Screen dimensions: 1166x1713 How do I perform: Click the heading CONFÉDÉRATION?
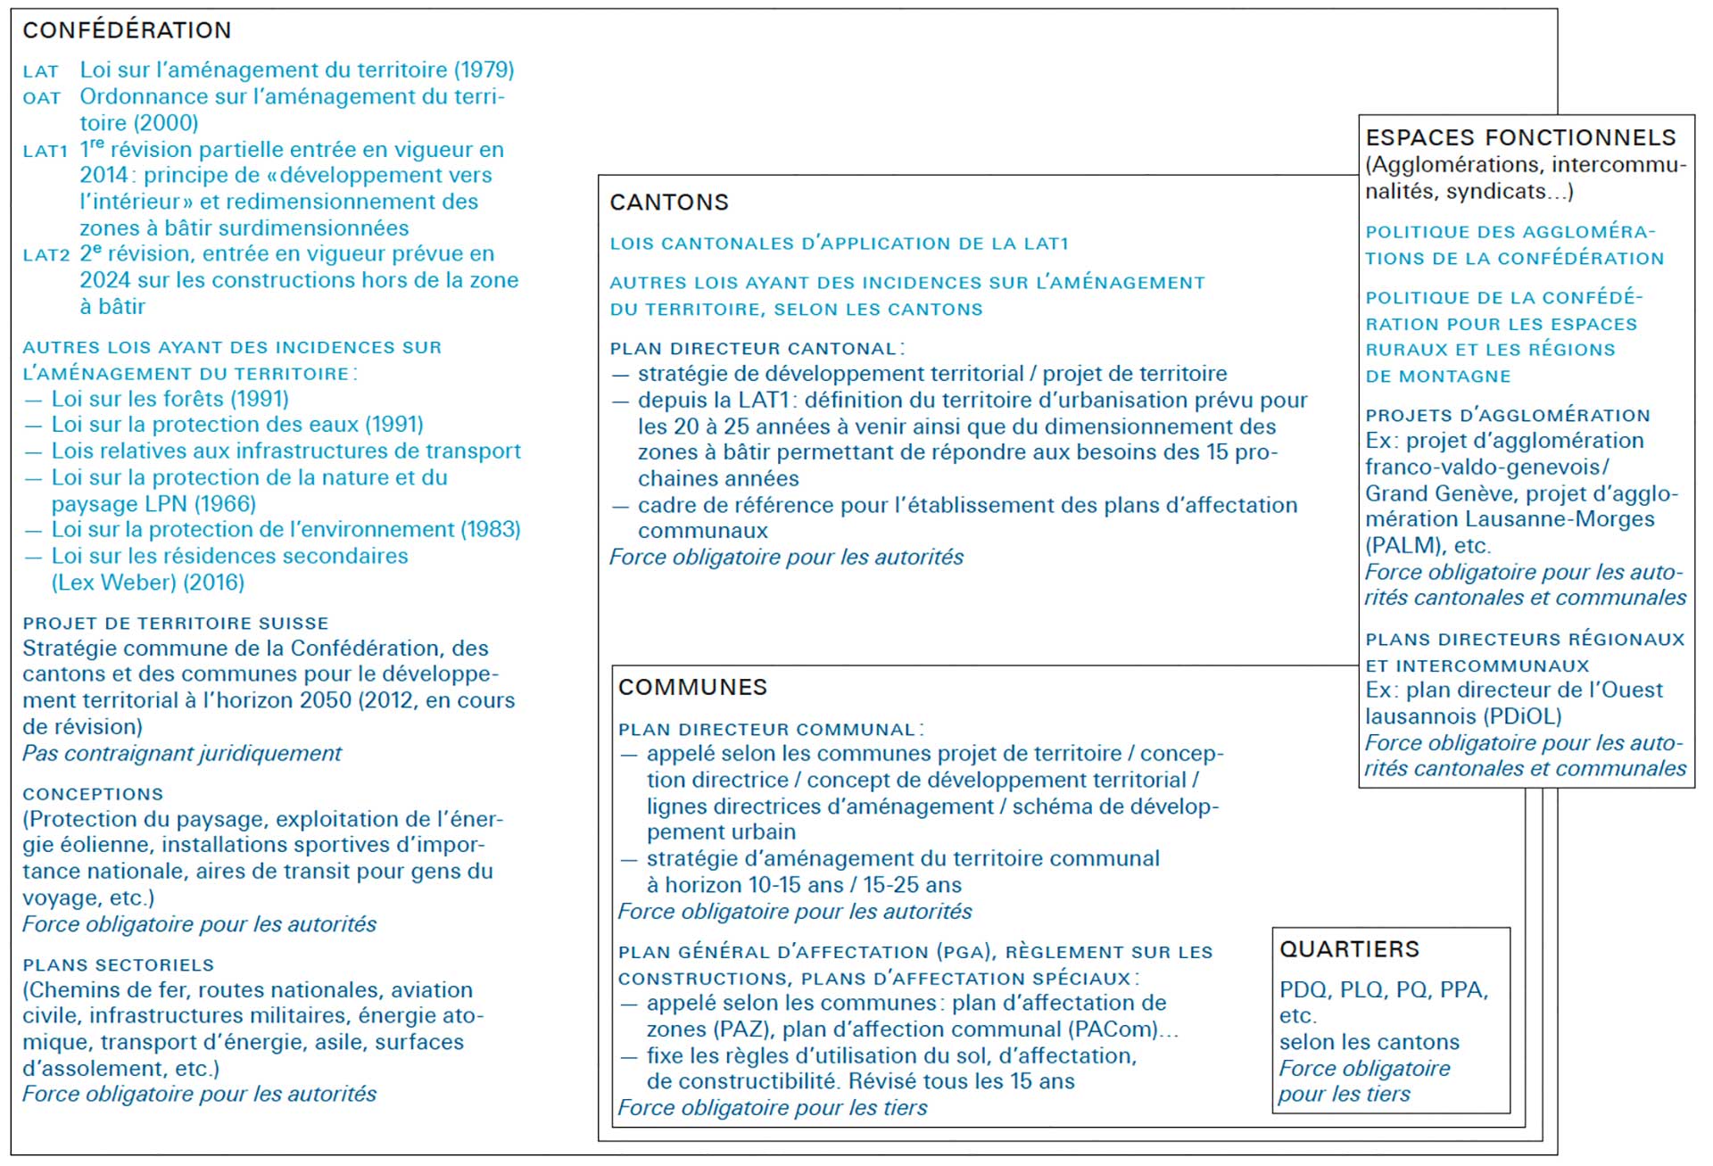127,30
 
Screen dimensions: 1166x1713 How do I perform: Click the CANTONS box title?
669,203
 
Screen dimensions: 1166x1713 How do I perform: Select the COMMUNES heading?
692,687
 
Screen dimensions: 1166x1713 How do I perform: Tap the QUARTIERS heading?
1349,949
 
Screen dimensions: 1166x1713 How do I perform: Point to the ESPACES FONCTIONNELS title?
1520,137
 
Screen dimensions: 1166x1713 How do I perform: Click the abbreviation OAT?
42,98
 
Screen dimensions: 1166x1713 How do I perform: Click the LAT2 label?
46,255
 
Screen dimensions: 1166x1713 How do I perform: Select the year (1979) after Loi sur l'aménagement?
484,70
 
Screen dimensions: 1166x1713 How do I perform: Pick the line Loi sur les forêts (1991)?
170,399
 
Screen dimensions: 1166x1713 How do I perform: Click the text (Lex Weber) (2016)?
147,583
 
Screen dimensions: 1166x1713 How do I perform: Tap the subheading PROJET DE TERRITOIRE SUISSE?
176,624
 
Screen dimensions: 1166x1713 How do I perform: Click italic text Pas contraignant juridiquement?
182,754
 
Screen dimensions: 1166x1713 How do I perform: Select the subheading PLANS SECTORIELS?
119,965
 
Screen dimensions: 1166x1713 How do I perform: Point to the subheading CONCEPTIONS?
93,794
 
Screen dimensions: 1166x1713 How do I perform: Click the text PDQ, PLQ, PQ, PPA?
1383,990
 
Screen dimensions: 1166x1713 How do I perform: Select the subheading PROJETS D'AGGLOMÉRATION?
1507,416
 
